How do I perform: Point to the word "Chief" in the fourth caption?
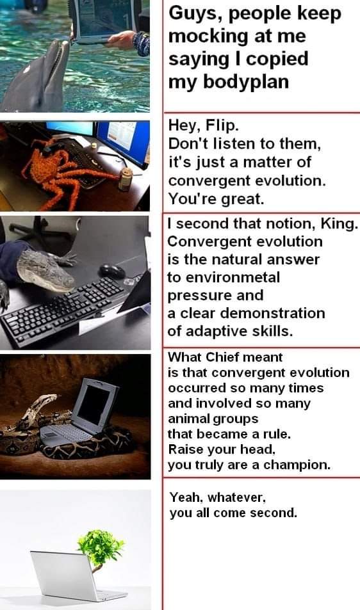pyautogui.click(x=220, y=357)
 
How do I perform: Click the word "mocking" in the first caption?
pyautogui.click(x=208, y=37)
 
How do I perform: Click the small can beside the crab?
pyautogui.click(x=126, y=179)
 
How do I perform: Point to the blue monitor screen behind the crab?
pyautogui.click(x=122, y=140)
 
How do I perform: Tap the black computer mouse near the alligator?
pyautogui.click(x=112, y=271)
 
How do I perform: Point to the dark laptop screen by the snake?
pyautogui.click(x=95, y=405)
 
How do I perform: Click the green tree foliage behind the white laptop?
pyautogui.click(x=101, y=547)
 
